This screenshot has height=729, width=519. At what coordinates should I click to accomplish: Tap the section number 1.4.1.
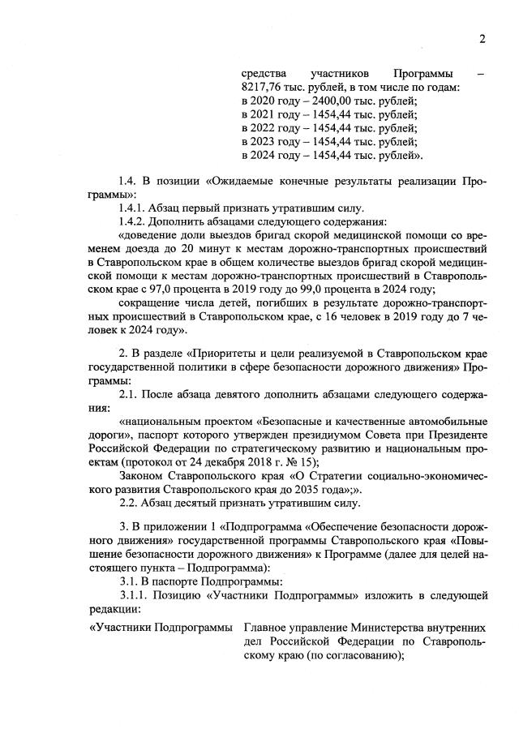coord(135,207)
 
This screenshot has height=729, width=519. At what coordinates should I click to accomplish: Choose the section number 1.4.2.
coord(135,221)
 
